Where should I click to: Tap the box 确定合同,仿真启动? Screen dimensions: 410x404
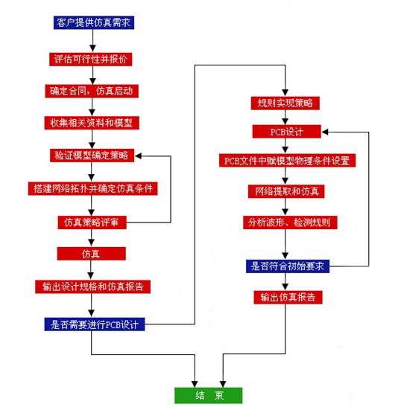pyautogui.click(x=92, y=90)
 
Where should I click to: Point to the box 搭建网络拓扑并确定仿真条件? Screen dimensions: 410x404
pyautogui.click(x=93, y=188)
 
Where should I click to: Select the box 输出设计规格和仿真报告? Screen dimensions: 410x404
pyautogui.click(x=93, y=286)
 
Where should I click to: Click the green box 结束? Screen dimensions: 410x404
pyautogui.click(x=208, y=395)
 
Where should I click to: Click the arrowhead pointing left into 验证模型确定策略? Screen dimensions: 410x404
pyautogui.click(x=139, y=156)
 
